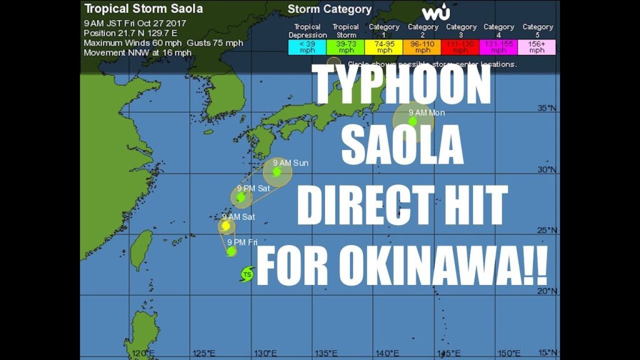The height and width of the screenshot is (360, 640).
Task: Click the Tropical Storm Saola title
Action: (x=143, y=9)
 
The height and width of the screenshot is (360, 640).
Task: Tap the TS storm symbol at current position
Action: (x=247, y=274)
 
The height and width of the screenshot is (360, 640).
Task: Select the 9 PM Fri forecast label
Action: (x=242, y=242)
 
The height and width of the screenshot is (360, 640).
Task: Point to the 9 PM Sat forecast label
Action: (x=253, y=188)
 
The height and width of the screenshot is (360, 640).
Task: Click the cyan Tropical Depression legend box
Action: (x=307, y=47)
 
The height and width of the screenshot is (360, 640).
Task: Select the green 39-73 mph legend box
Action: (x=345, y=47)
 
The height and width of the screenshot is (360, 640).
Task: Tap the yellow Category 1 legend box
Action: (x=384, y=47)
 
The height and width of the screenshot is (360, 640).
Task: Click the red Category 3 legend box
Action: (x=460, y=47)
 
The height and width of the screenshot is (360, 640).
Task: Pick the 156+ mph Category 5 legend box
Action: (x=537, y=47)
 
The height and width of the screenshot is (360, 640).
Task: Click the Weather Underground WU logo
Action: (x=436, y=12)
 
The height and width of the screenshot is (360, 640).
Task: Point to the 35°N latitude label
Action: (x=547, y=108)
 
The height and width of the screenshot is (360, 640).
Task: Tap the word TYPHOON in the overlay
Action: (x=401, y=86)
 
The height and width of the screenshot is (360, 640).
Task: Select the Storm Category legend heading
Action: (x=329, y=9)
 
